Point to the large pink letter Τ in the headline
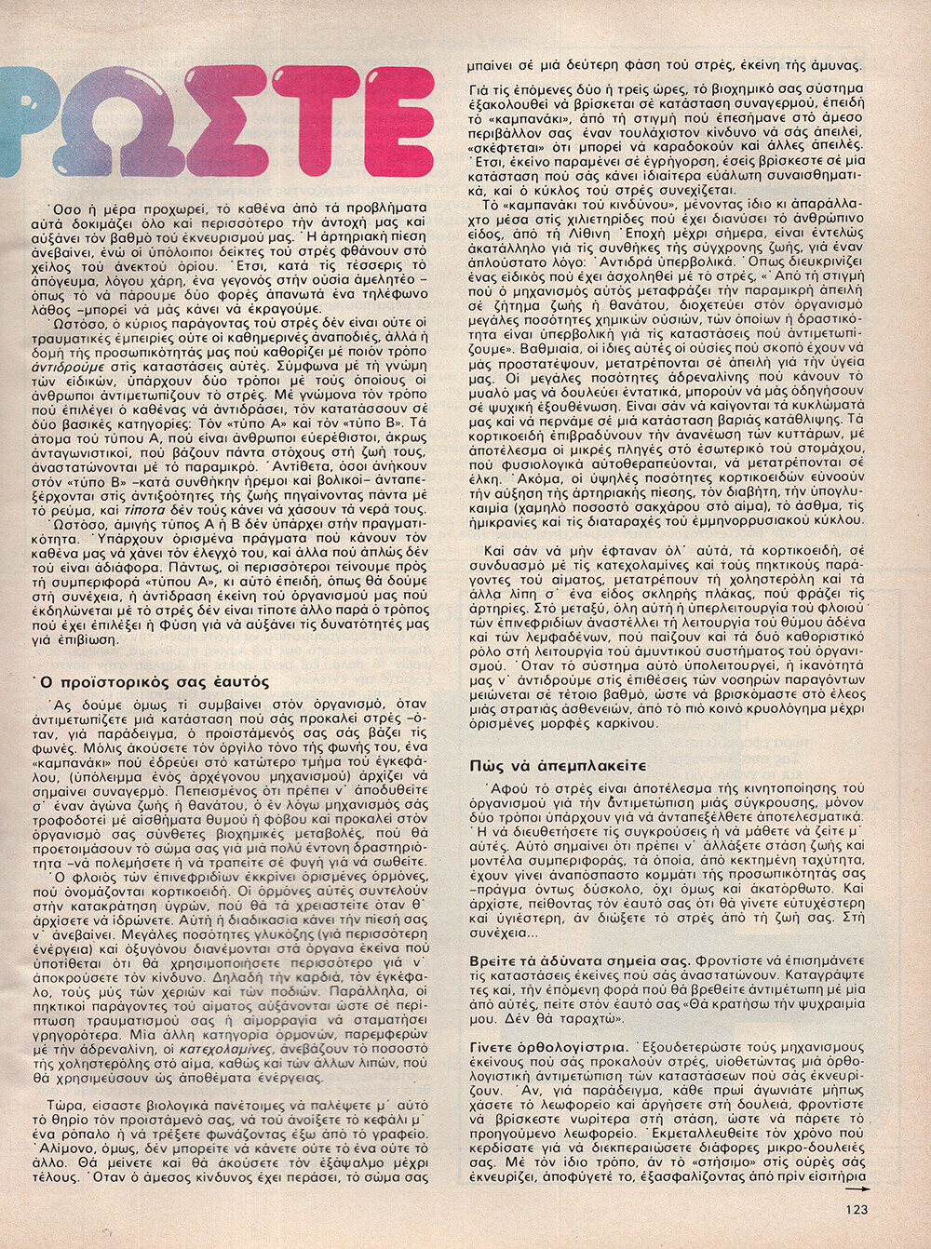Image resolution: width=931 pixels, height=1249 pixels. (314, 123)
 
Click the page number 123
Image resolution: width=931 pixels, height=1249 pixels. (857, 1209)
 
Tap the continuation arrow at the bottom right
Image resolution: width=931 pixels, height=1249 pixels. (857, 1189)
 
